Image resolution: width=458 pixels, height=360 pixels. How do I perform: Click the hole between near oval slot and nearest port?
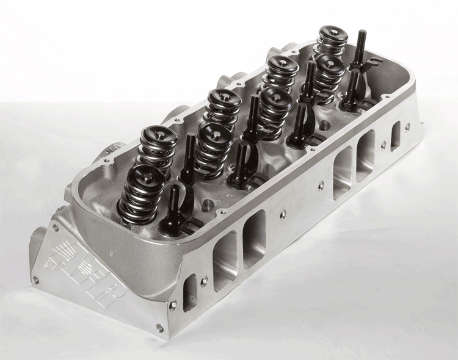point(204,280)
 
